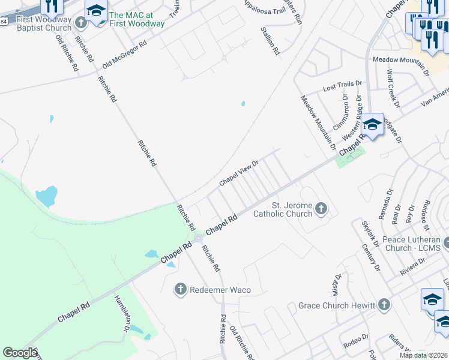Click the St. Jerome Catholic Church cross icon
[x=321, y=209]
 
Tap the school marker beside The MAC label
[x=95, y=12]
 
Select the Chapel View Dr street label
[x=238, y=172]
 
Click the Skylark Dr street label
[x=367, y=232]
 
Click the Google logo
[x=20, y=353]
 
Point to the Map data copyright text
[x=423, y=355]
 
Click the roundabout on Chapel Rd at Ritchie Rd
[x=197, y=239]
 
